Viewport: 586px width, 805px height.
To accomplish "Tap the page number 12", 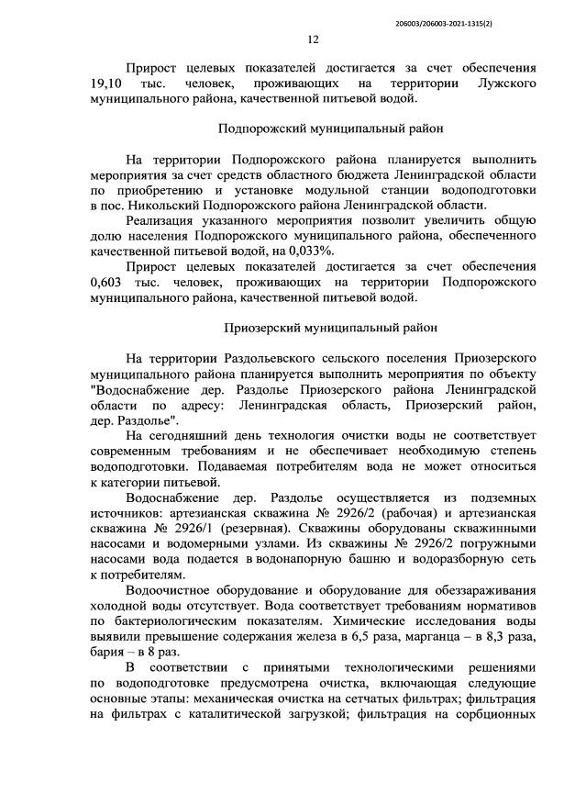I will tap(312, 39).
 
